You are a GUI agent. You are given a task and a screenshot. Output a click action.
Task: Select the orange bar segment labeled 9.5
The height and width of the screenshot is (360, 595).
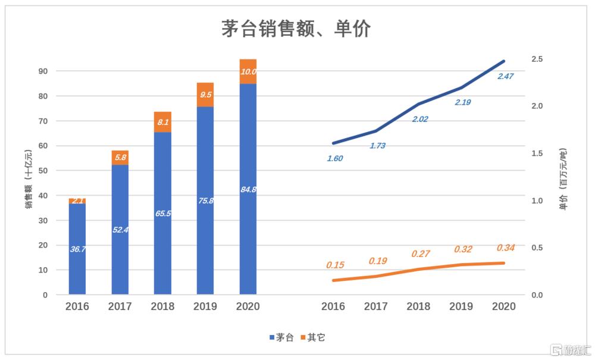pyautogui.click(x=205, y=94)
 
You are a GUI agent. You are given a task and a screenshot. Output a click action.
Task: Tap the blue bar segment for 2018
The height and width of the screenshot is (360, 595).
pyautogui.click(x=162, y=213)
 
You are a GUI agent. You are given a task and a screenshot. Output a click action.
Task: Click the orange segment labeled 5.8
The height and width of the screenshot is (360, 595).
pyautogui.click(x=120, y=158)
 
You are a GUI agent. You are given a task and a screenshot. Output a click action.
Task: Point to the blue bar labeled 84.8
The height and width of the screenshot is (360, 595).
pyautogui.click(x=248, y=189)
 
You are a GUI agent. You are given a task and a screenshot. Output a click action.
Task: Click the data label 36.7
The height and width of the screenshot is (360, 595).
pyautogui.click(x=78, y=249)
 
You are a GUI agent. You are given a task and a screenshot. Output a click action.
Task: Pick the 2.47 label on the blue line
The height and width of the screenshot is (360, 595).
pyautogui.click(x=505, y=76)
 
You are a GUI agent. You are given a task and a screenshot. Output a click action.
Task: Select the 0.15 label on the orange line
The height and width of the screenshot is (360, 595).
pyautogui.click(x=335, y=265)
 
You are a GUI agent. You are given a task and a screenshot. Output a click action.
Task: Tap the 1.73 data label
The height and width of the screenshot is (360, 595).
pyautogui.click(x=377, y=145)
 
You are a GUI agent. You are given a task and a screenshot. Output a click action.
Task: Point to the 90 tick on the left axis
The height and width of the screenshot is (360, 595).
pyautogui.click(x=43, y=71)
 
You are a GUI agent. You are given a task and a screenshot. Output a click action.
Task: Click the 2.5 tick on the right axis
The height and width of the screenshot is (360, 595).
pyautogui.click(x=537, y=59)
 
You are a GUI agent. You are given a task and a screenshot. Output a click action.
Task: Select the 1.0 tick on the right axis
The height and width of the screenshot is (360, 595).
pyautogui.click(x=537, y=201)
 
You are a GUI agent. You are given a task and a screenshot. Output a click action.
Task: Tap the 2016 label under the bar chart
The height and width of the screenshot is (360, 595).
pyautogui.click(x=77, y=306)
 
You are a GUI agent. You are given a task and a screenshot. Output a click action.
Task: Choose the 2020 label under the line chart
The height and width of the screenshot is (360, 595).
pyautogui.click(x=504, y=306)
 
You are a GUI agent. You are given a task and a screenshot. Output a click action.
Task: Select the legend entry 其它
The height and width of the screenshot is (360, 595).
pyautogui.click(x=312, y=337)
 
